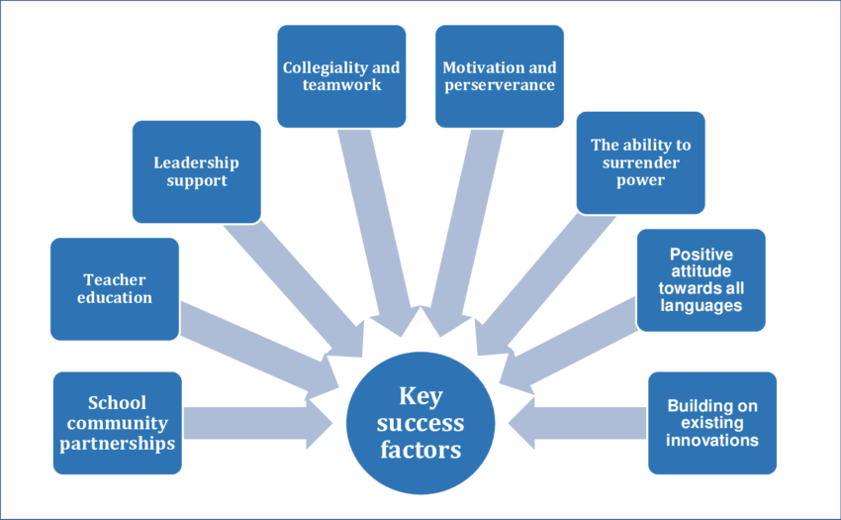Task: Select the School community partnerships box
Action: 117,423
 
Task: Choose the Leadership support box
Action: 196,171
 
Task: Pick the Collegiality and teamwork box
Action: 341,76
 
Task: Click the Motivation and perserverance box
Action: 500,76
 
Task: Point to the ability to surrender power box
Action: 640,162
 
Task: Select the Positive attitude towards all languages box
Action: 701,279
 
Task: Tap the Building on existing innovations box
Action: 712,423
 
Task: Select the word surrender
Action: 640,162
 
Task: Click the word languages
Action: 701,306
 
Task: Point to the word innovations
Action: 712,439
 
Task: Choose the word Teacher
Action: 115,279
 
